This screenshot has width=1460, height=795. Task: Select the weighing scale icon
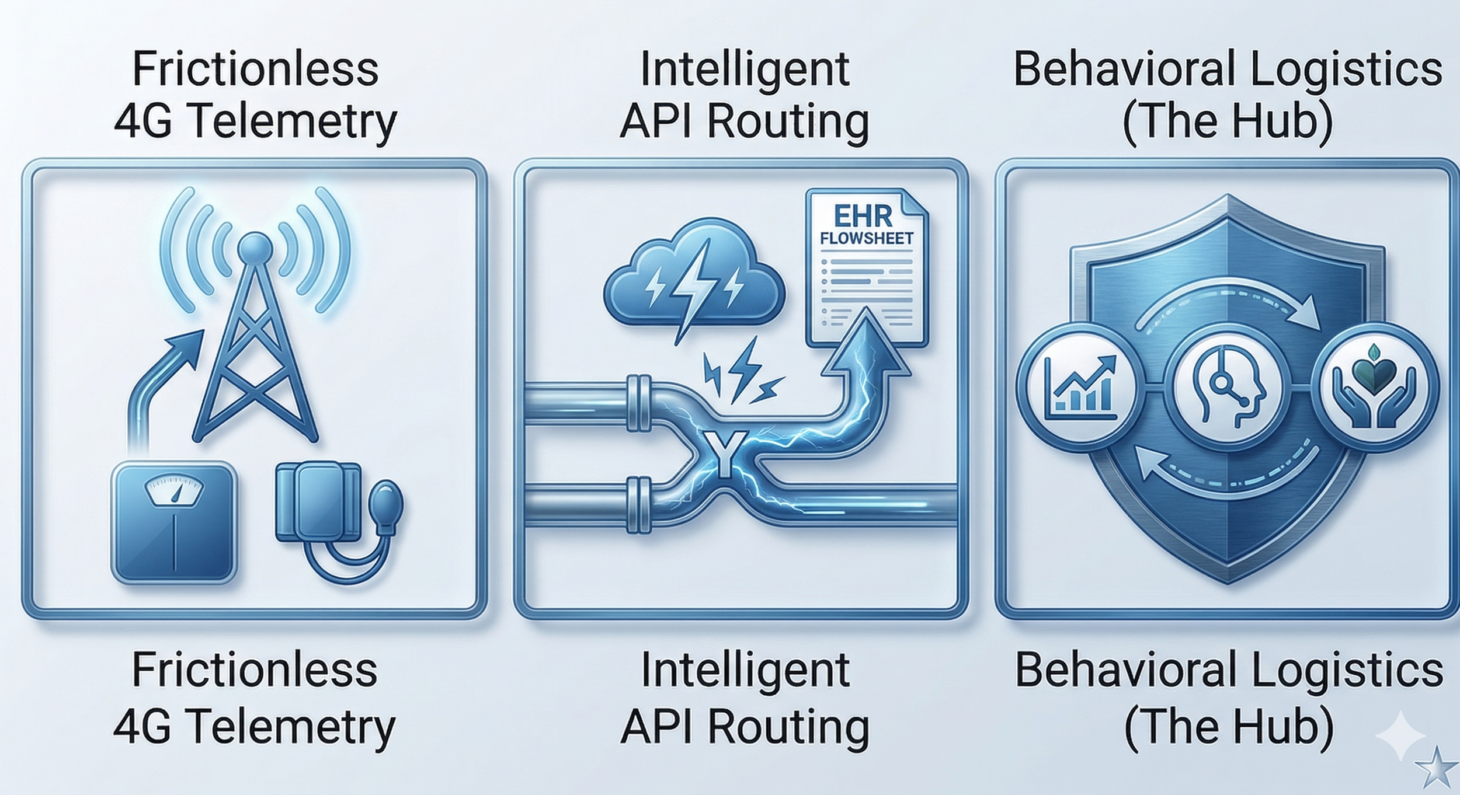coord(174,522)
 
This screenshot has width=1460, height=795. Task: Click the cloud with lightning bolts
coord(692,274)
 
